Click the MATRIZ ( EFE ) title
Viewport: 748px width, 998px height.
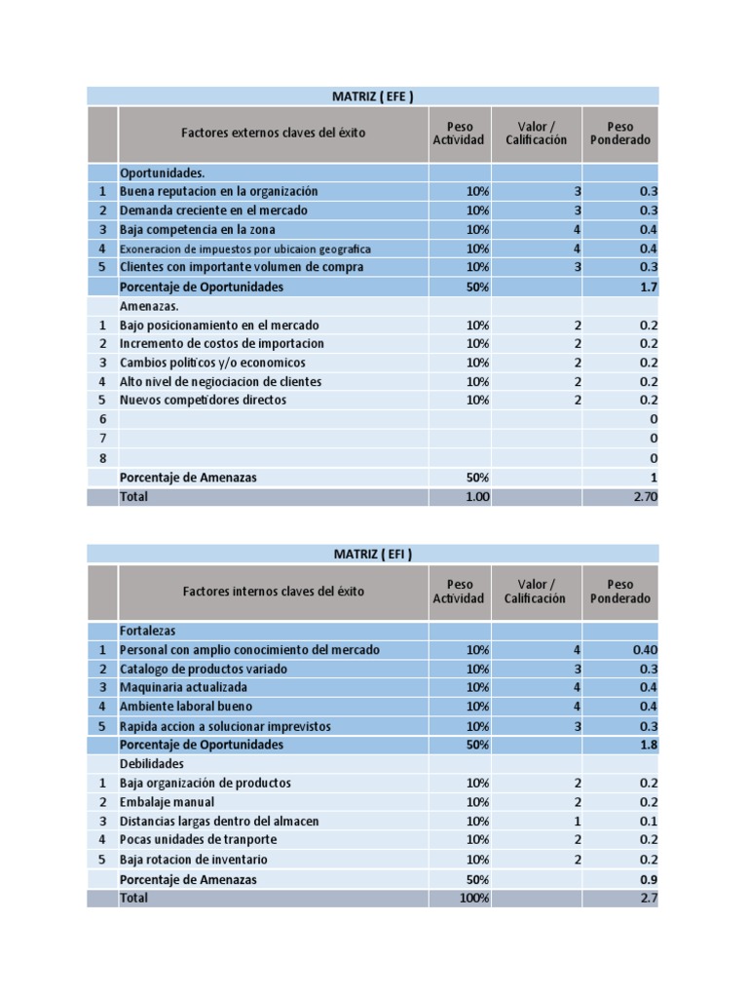coord(373,96)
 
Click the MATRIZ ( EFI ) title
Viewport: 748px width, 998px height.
coord(373,555)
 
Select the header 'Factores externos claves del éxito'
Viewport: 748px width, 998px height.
coord(273,133)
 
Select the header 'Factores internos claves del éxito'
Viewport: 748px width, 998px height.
coord(273,591)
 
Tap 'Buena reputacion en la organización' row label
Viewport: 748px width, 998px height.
coord(218,192)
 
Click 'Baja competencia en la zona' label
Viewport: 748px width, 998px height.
coord(198,229)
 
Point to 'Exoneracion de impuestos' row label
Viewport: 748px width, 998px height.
coord(244,249)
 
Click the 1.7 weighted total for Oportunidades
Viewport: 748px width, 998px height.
coord(648,287)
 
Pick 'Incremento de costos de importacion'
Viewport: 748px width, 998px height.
coord(222,344)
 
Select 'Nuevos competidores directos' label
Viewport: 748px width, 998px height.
coord(203,401)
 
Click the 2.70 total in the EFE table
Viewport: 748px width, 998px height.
coord(646,497)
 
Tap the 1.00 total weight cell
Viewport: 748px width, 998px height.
coord(477,497)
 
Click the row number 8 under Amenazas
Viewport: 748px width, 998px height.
coord(102,458)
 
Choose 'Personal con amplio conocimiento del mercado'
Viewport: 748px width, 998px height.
coord(249,650)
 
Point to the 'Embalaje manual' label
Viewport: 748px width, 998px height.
coord(162,802)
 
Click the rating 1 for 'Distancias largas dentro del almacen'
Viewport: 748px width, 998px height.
coord(577,822)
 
